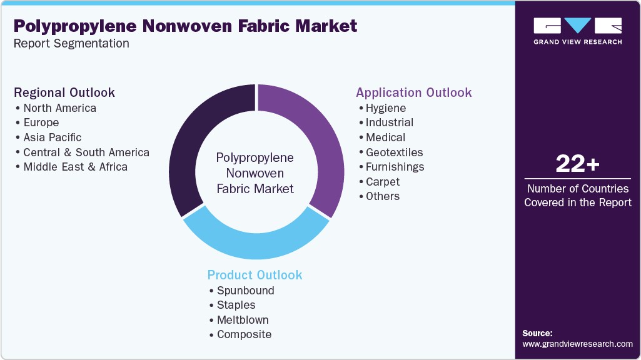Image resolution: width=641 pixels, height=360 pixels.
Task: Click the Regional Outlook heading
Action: coord(64,92)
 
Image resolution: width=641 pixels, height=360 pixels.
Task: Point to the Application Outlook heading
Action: coord(413,92)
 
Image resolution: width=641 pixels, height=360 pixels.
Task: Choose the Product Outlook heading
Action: coord(255,275)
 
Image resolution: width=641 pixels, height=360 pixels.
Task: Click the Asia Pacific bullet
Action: coord(52,137)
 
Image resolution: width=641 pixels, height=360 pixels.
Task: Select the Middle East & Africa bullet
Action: coord(75,167)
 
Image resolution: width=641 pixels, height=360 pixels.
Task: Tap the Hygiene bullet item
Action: coord(385,108)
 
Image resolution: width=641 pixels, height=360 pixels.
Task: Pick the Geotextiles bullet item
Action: coord(394,152)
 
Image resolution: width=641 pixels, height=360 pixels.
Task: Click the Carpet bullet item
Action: coord(382,182)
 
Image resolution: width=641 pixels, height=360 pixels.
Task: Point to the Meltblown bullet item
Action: coord(243,320)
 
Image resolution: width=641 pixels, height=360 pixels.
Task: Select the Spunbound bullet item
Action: coord(245,291)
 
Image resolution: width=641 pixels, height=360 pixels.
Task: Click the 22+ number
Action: coord(577,165)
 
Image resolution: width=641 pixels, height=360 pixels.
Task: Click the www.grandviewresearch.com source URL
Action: coord(577,344)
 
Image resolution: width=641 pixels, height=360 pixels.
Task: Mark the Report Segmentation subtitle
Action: coord(71,44)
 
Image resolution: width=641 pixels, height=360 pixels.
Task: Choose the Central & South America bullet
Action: coord(86,152)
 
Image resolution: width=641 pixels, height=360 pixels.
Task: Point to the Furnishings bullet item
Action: coord(395,167)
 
